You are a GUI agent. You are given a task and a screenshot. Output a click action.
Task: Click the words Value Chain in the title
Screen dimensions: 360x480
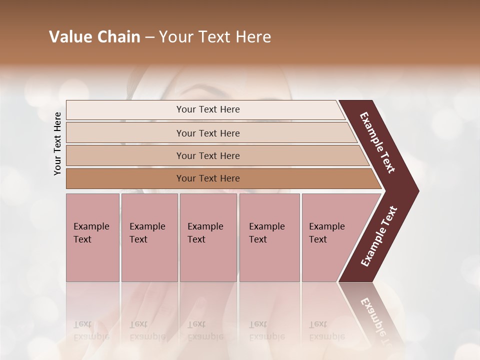pyautogui.click(x=94, y=37)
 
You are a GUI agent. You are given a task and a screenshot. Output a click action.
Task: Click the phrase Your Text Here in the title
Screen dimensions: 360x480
pyautogui.click(x=215, y=37)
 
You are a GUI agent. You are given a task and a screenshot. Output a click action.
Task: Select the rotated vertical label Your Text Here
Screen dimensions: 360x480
pyautogui.click(x=58, y=143)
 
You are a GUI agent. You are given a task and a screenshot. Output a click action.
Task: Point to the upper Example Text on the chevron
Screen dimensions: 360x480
pyautogui.click(x=377, y=142)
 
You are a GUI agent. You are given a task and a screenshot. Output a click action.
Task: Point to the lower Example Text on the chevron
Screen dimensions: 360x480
pyautogui.click(x=378, y=236)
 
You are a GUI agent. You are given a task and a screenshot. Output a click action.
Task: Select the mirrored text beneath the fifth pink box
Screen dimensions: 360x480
pyautogui.click(x=326, y=330)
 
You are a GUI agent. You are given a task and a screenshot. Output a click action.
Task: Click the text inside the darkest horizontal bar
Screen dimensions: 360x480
pyautogui.click(x=208, y=178)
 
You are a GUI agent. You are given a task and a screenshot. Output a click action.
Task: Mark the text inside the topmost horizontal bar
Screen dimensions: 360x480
pyautogui.click(x=208, y=109)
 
